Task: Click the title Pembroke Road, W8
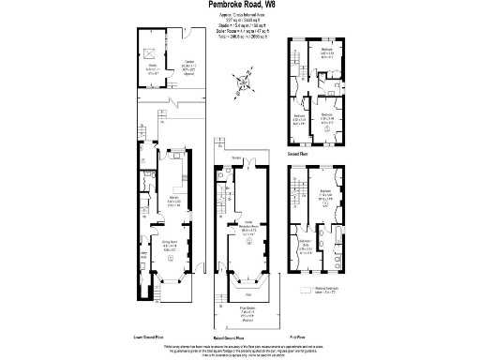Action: pyautogui.click(x=240, y=6)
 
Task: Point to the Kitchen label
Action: pyautogui.click(x=174, y=202)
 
